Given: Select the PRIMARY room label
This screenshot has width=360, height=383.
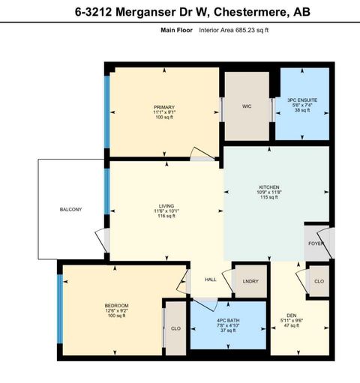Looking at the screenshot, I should pos(164,107).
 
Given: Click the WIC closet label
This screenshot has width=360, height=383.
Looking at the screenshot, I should pos(246,107).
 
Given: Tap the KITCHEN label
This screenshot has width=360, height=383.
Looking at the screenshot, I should pos(269,187).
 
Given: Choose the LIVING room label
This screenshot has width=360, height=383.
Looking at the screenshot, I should pos(166,205).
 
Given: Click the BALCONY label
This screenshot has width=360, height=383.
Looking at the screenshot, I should pos(71,209).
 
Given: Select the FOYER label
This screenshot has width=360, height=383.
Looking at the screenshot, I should pos(316,243).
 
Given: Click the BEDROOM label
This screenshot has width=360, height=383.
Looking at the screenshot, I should pos(116,305).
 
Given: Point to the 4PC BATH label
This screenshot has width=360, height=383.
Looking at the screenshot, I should pos(229,321).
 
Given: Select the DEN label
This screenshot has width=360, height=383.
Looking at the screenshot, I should pos(292,315).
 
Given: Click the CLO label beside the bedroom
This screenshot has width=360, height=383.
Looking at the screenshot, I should pos(175,328).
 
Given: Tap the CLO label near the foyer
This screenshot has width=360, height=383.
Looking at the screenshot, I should pos(318,281).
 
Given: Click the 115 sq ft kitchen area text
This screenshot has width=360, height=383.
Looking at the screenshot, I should pos(269,197).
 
